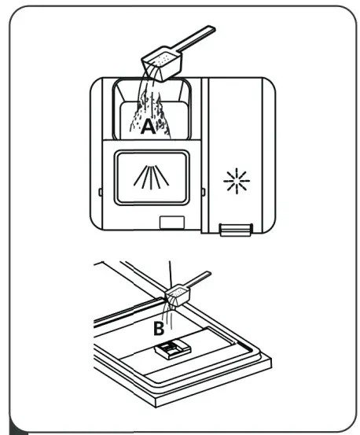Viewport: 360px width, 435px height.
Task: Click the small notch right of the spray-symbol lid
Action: pos(204,190)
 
